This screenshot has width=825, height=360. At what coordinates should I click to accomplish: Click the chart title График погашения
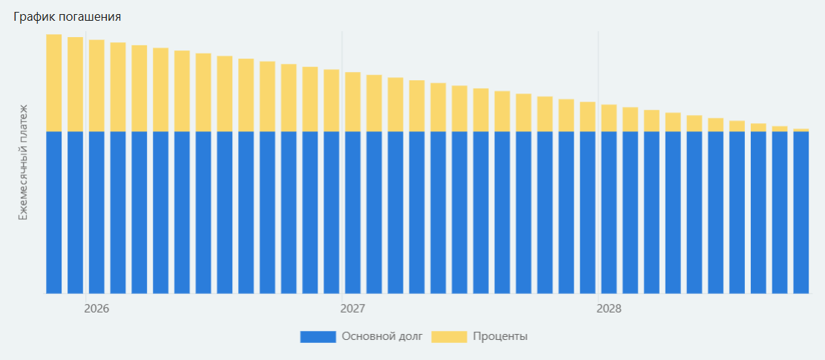(x=67, y=16)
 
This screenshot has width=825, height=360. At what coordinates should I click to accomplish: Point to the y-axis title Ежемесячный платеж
(x=23, y=163)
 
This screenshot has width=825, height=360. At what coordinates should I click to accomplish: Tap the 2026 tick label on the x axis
(x=96, y=308)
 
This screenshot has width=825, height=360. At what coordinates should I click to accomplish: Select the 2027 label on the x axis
(x=352, y=308)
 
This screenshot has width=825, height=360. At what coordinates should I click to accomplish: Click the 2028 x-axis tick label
(x=609, y=308)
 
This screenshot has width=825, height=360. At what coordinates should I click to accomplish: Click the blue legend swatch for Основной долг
(x=318, y=337)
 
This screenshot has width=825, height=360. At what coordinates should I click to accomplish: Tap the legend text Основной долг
(x=382, y=336)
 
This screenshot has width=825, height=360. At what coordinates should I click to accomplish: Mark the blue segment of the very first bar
(x=53, y=212)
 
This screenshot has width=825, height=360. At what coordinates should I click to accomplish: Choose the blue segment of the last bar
(x=801, y=212)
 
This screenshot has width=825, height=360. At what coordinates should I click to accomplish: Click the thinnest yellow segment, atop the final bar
(x=801, y=131)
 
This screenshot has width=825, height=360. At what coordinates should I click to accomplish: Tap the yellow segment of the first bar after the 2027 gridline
(x=352, y=102)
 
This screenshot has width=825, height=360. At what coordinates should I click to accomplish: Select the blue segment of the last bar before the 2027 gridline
(x=332, y=212)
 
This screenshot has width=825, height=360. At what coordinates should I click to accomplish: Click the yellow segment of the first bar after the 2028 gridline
(x=609, y=118)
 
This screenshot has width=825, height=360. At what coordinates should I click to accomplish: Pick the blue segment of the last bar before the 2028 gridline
(x=588, y=212)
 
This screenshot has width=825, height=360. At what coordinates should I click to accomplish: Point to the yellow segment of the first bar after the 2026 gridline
(x=96, y=85)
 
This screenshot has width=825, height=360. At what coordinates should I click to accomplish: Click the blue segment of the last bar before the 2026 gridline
(x=75, y=212)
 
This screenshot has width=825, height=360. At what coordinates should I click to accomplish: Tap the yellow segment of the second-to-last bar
(x=779, y=129)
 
